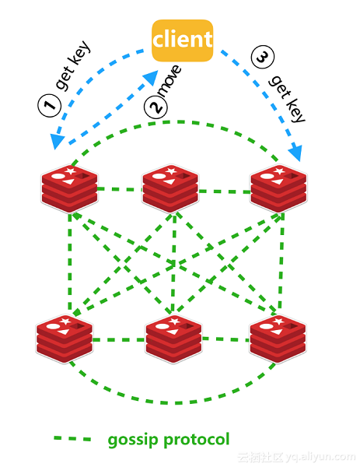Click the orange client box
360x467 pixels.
click(x=182, y=40)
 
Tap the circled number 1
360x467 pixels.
click(x=50, y=105)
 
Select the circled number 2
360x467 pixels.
click(x=156, y=107)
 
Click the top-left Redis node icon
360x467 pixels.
click(x=70, y=188)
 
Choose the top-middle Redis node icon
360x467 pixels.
click(x=170, y=188)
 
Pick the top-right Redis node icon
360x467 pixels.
click(x=278, y=188)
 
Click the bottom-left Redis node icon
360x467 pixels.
click(x=65, y=337)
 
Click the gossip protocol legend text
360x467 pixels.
click(x=169, y=440)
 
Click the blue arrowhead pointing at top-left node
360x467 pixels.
click(x=57, y=141)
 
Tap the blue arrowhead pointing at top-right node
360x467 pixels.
click(x=296, y=153)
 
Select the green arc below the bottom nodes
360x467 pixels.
click(x=171, y=402)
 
